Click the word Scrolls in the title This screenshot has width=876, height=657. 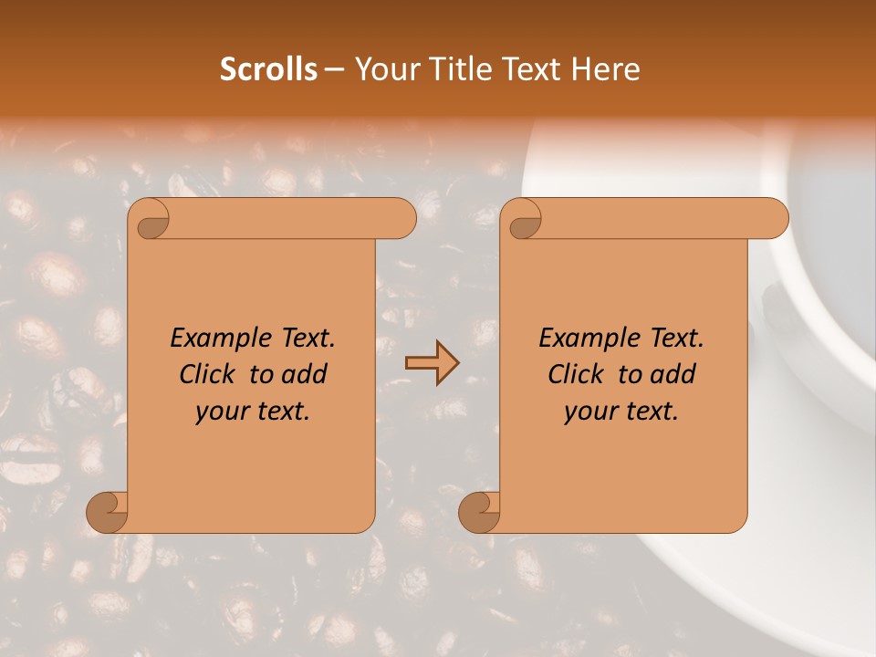coord(269,69)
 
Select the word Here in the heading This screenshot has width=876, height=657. coord(607,69)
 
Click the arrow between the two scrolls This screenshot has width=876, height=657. coord(432,363)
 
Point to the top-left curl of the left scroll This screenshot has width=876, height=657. coord(151,220)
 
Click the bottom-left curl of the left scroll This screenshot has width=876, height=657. coord(108,512)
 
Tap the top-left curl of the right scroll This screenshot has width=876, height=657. coord(523,220)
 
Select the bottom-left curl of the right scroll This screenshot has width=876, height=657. coord(479,512)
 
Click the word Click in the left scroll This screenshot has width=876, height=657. coord(207,374)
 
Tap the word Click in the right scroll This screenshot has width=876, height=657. coord(576,374)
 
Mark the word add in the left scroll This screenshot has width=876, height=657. coord(306,374)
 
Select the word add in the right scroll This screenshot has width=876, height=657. coord(674,374)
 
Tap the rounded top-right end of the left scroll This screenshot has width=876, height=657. coord(401,219)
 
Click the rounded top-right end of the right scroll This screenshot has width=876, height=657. coord(774,219)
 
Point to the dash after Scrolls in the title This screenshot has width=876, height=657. coord(334,70)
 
